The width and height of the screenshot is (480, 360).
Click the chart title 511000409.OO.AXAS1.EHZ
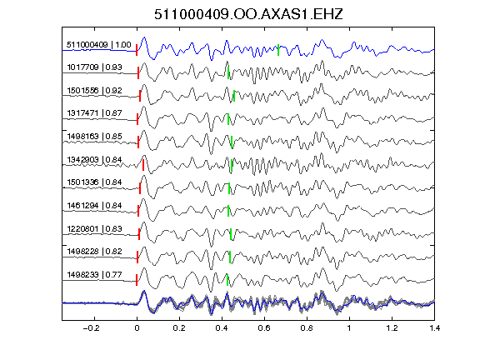point(248,14)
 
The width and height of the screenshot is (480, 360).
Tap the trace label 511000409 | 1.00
point(99,45)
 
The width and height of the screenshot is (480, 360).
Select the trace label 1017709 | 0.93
point(95,67)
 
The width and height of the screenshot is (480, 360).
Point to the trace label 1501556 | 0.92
point(95,91)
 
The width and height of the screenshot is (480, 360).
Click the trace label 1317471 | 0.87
point(95,113)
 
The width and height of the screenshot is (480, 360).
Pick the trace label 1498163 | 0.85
point(95,137)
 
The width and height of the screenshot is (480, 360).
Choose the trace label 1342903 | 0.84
point(95,160)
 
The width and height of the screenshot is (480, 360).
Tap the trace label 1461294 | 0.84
point(95,206)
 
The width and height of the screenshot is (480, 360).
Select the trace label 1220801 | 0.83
point(95,229)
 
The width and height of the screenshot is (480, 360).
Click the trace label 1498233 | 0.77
point(95,275)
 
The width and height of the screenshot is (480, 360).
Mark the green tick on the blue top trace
point(278,50)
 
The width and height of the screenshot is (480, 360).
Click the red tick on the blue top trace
point(137,50)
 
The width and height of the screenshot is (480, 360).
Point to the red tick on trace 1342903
point(143,165)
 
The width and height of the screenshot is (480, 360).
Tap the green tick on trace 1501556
point(234,96)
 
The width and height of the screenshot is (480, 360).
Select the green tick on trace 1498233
point(227,280)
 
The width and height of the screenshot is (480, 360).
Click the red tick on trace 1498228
point(137,257)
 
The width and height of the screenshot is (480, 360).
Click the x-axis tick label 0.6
point(264,328)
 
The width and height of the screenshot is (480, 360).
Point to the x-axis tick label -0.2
point(91,328)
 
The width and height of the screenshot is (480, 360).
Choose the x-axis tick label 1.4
point(434,328)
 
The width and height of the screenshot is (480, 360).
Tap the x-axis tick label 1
point(349,328)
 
